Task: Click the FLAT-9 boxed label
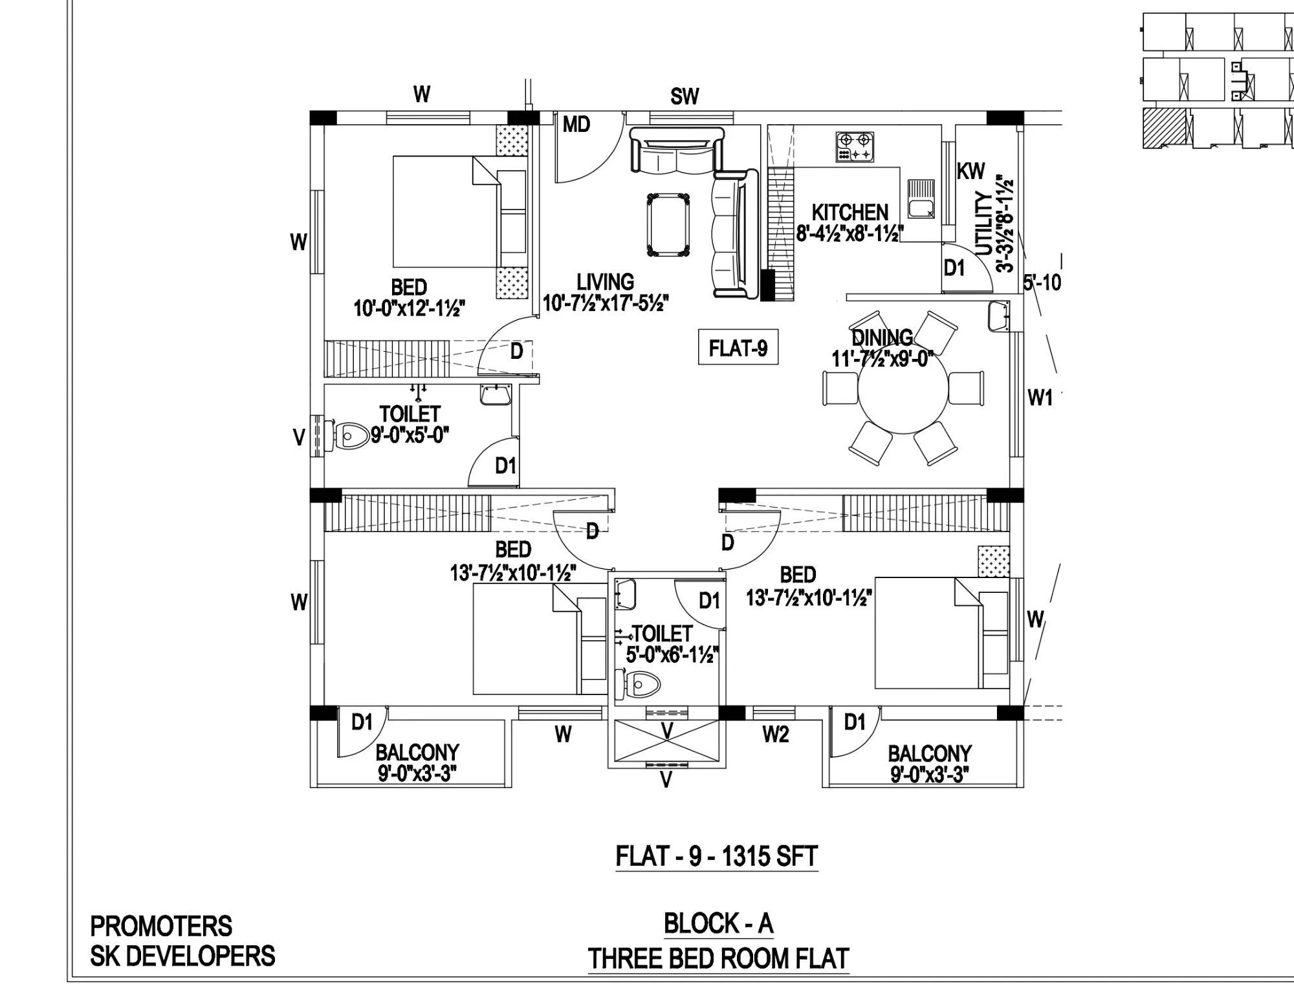coord(738,349)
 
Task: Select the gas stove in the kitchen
coord(855,147)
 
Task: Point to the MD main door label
coord(576,124)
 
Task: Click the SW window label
coord(685,96)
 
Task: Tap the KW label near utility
coord(970,171)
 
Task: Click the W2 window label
coord(775,735)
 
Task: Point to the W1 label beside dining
coord(1040,398)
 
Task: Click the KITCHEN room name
coord(850,212)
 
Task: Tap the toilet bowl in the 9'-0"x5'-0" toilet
coord(349,436)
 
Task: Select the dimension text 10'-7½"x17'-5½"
coord(605,303)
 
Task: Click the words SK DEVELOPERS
coord(182,956)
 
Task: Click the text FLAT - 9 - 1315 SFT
coord(716,856)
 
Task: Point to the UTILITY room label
coord(983,223)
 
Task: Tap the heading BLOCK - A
coord(718,923)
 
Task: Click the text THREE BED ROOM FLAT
coord(718,958)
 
